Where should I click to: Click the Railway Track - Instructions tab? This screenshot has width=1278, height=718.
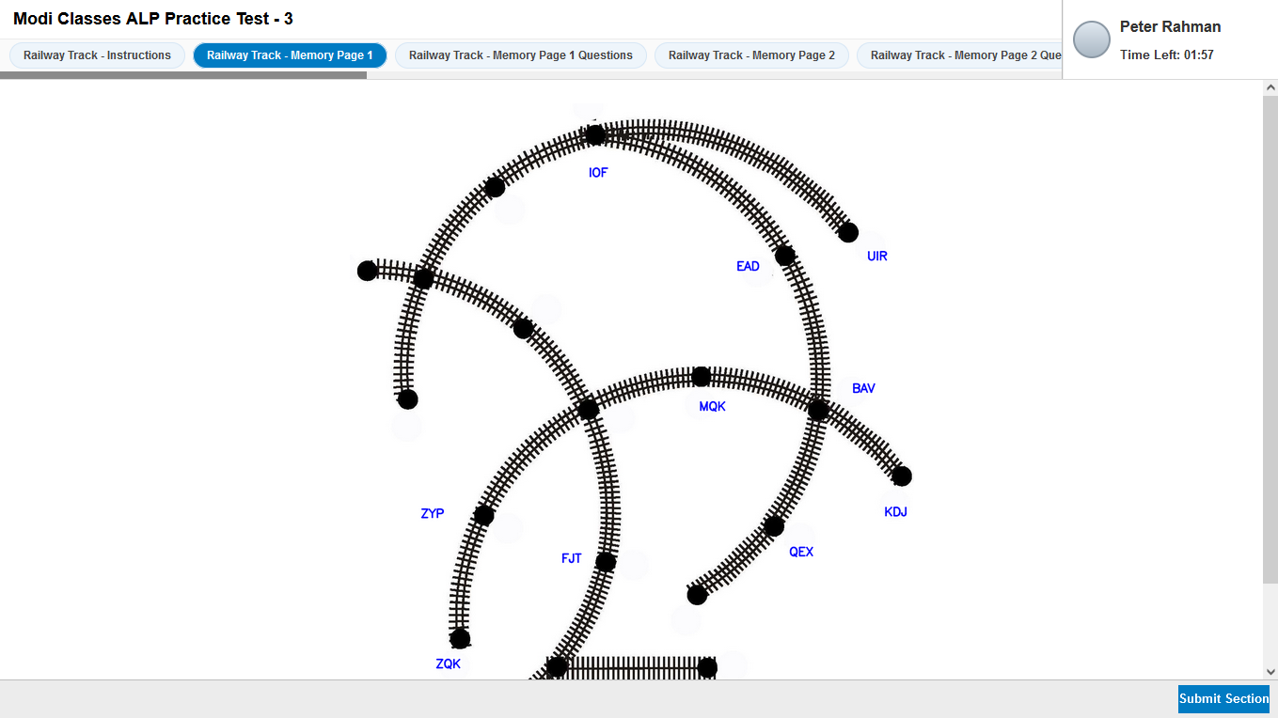click(x=97, y=55)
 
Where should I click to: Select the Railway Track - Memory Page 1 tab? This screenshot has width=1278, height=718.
click(x=290, y=55)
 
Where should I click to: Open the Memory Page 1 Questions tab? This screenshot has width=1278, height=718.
click(x=520, y=55)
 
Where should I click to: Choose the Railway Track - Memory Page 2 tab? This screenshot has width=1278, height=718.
click(x=751, y=55)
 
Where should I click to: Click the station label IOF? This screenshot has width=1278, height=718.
click(x=598, y=173)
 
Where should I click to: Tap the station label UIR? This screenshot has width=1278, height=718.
click(x=876, y=256)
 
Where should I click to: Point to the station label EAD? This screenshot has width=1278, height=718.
click(x=748, y=266)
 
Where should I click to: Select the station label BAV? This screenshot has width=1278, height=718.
click(x=863, y=388)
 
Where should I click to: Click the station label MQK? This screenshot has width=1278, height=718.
click(x=712, y=407)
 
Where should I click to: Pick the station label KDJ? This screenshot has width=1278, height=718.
click(x=895, y=512)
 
